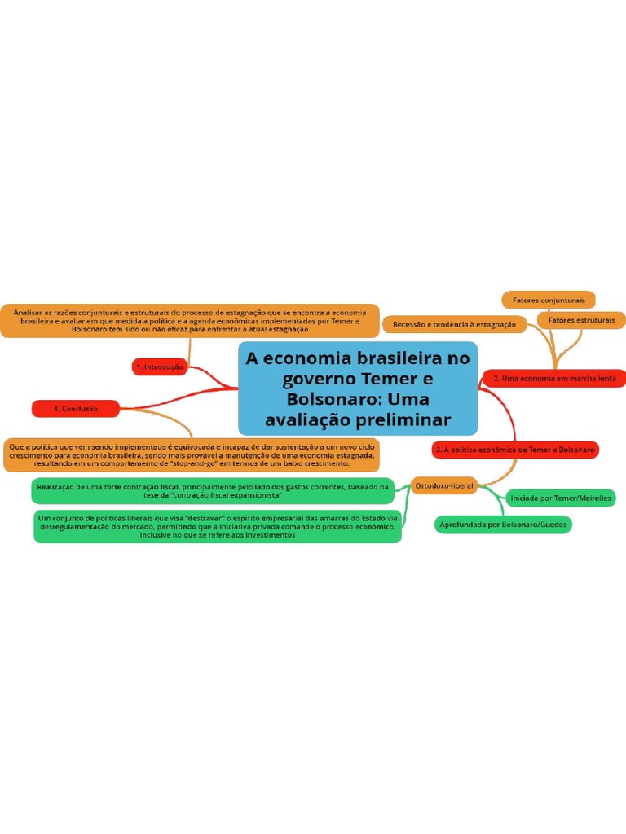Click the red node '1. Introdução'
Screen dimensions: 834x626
pos(159,367)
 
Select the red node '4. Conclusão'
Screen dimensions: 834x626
pos(75,408)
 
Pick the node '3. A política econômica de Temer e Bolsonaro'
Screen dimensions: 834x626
pos(515,449)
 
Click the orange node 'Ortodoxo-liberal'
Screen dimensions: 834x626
pos(444,485)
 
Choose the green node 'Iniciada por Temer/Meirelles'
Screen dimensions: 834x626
pos(560,498)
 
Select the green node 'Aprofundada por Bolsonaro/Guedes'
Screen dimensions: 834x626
pos(503,525)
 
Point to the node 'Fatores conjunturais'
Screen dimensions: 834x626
pos(549,300)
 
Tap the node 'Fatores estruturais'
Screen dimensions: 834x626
pos(581,320)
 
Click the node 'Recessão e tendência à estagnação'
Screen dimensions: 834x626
pos(454,324)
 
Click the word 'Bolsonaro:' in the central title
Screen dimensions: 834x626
pos(333,400)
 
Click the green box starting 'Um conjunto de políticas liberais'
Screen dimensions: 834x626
pos(218,526)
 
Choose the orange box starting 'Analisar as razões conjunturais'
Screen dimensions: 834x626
pos(190,320)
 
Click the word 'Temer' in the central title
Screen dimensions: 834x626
pos(388,380)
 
